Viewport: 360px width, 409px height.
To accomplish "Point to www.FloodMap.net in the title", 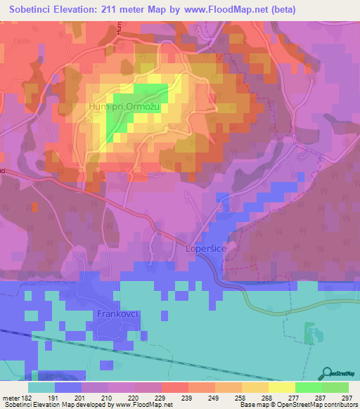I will [x=224, y=10].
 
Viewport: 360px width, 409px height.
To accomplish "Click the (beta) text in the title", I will [x=281, y=10].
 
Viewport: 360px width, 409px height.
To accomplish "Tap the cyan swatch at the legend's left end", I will [x=41, y=387].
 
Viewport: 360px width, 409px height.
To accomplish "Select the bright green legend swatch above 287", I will [x=309, y=387].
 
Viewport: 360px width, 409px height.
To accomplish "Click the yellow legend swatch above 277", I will [x=282, y=387].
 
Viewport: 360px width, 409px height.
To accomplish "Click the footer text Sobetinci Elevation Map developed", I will [x=42, y=405].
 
